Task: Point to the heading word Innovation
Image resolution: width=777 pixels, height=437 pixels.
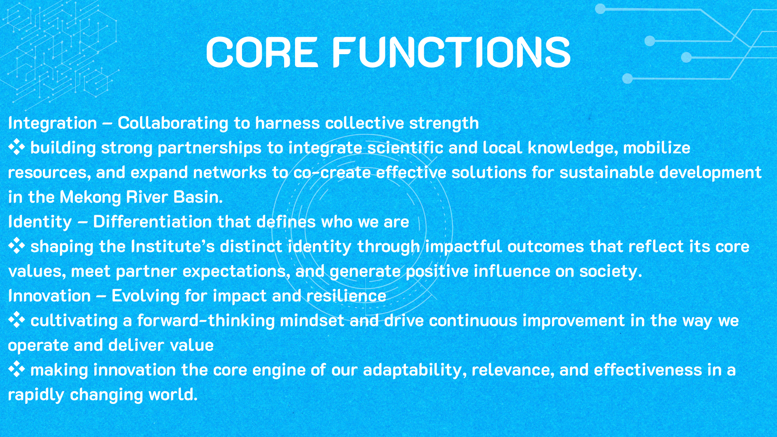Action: (x=49, y=296)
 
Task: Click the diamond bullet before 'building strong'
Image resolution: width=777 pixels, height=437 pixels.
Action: (x=17, y=147)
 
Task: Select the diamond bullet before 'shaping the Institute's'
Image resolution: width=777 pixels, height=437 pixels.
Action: (x=17, y=246)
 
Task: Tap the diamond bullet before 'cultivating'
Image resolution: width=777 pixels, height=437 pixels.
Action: (x=17, y=320)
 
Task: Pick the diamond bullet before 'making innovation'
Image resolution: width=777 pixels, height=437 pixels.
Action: (x=17, y=369)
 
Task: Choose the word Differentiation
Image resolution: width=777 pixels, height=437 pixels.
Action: (x=153, y=222)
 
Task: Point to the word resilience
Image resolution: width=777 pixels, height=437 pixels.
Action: (x=346, y=296)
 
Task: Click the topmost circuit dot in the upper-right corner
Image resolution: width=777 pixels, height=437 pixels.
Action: (x=600, y=8)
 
